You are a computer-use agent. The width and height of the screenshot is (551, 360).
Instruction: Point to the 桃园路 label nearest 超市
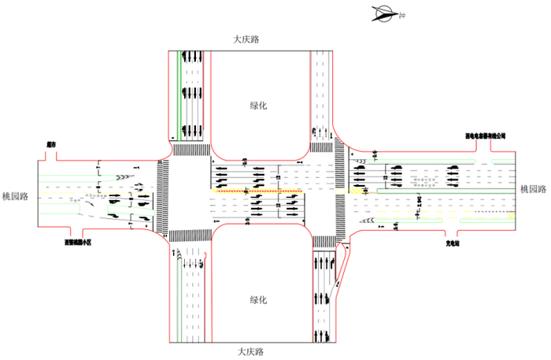(16, 197)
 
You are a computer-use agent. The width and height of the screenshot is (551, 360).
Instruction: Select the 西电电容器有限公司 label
(485, 135)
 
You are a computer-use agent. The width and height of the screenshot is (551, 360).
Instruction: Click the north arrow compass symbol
(386, 13)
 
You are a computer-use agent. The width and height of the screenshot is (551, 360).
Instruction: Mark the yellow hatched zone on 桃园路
(359, 190)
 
